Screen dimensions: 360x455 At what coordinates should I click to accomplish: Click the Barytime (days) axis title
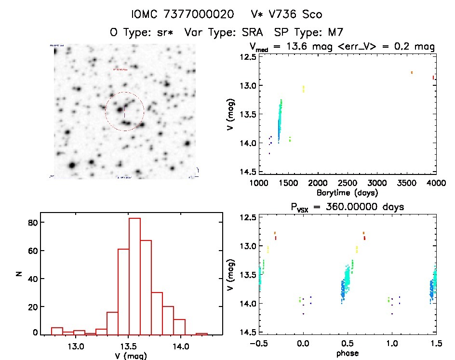pyautogui.click(x=347, y=193)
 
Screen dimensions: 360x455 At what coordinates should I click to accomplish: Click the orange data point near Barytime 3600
pyautogui.click(x=412, y=72)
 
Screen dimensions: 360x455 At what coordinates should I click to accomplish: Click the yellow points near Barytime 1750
pyautogui.click(x=303, y=89)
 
